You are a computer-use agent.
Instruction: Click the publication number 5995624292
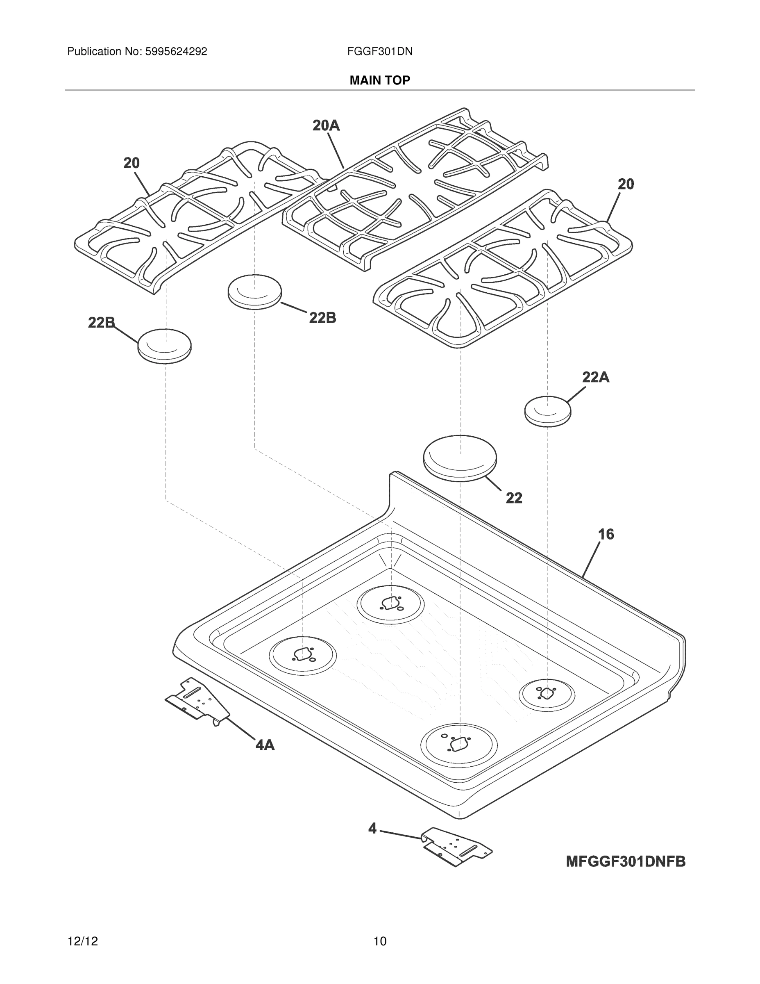tap(176, 52)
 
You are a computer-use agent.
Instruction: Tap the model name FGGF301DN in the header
tap(379, 52)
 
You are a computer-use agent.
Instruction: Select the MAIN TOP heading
tap(379, 80)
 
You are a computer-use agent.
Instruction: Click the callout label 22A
tap(596, 377)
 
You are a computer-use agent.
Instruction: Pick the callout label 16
tap(606, 534)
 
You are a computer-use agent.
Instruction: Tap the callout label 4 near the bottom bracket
tap(372, 828)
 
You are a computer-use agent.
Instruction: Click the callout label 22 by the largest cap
tap(514, 498)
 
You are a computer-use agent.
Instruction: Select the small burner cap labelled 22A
tap(547, 411)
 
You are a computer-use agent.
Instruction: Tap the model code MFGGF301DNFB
tap(625, 861)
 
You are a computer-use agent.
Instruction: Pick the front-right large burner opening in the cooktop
tap(459, 745)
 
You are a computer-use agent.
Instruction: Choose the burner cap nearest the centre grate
tap(255, 292)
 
